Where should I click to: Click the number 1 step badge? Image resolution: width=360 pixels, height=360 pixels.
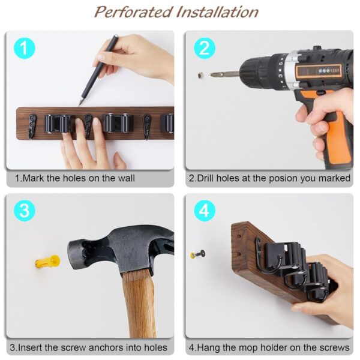click(23, 48)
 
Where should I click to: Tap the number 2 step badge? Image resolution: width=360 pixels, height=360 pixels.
click(204, 48)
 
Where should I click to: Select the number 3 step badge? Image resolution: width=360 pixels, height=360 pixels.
click(23, 211)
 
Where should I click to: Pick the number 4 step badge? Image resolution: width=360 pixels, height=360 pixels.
click(204, 211)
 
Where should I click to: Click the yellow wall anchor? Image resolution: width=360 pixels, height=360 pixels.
click(47, 262)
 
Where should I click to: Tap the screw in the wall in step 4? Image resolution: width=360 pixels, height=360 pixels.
click(196, 254)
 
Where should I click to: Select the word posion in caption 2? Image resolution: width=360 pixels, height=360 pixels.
click(284, 178)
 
